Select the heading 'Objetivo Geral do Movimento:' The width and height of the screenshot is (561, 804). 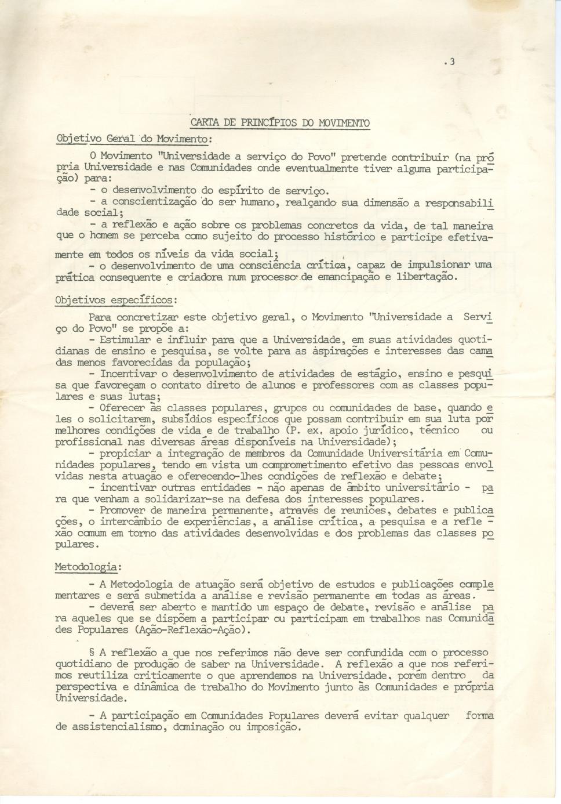(x=134, y=139)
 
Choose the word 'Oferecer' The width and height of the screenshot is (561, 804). (x=122, y=408)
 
